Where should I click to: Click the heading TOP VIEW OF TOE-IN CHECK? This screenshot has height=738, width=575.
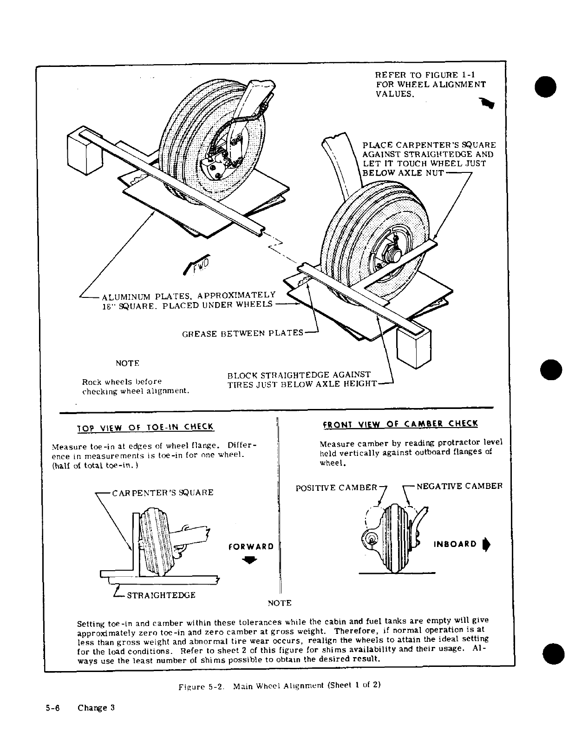tap(145, 427)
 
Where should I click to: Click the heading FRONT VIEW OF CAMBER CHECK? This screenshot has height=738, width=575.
tap(400, 423)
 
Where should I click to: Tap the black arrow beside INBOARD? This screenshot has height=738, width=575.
tap(486, 544)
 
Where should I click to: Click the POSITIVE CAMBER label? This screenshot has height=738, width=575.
tap(337, 488)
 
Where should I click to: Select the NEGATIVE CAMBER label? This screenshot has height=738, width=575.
tap(459, 487)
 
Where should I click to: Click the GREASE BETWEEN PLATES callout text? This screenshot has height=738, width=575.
tap(242, 333)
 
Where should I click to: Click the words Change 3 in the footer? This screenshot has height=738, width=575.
tap(96, 708)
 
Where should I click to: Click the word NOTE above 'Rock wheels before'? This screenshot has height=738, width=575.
tap(127, 363)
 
